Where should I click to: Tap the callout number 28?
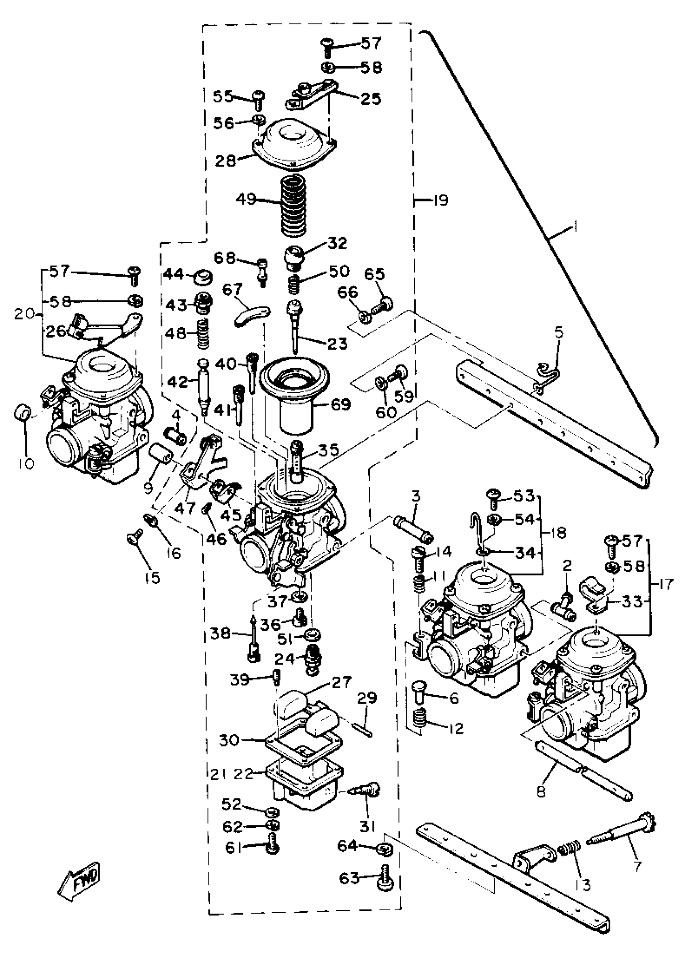(x=225, y=161)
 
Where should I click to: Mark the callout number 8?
(x=541, y=791)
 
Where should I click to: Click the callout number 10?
(x=26, y=463)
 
